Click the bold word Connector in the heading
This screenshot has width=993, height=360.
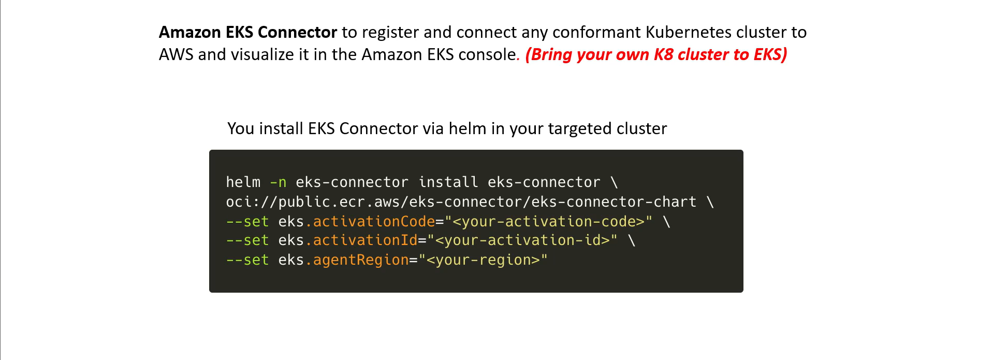(x=297, y=32)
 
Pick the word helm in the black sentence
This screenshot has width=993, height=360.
(x=468, y=128)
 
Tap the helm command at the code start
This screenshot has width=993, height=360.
(x=243, y=182)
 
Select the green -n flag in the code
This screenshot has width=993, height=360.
(x=278, y=183)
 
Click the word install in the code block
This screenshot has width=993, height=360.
(x=448, y=182)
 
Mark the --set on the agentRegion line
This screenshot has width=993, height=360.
(x=247, y=260)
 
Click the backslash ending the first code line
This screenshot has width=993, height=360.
(x=614, y=182)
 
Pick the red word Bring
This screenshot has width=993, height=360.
(x=552, y=54)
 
